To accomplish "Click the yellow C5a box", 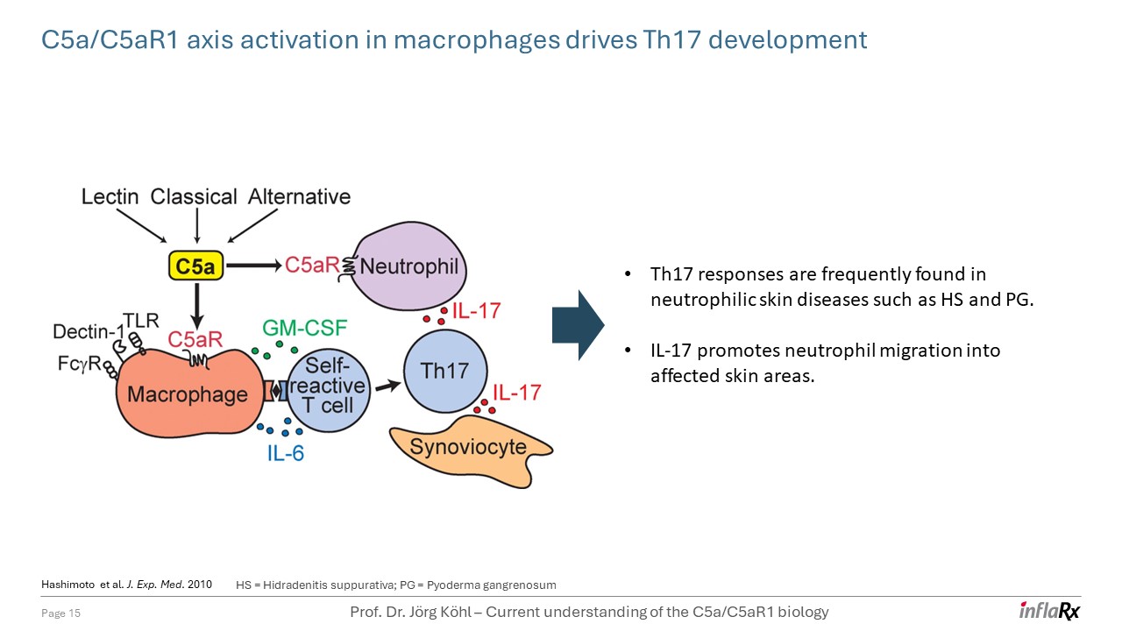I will [195, 266].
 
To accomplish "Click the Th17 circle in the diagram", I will [444, 370].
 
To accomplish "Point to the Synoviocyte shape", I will [470, 448].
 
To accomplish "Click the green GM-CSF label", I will [305, 329].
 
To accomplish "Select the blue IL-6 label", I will [286, 453].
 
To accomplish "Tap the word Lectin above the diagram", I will [110, 196].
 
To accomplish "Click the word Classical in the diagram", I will [193, 196].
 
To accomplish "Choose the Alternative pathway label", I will [300, 196].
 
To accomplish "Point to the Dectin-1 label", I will [88, 332].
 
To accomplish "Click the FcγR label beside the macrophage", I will [76, 362].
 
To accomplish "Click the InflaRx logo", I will [1049, 611].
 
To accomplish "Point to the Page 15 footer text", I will [61, 613].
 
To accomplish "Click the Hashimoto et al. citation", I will [126, 585].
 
